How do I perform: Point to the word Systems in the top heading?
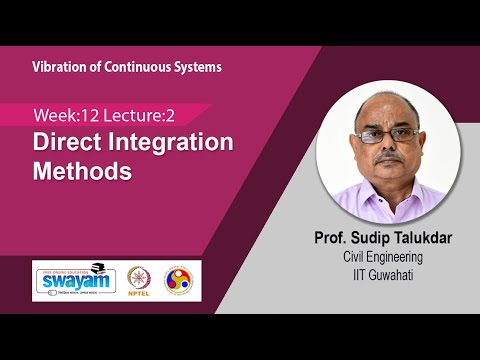tap(196, 67)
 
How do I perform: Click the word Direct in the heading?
tap(70, 142)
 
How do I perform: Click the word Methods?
tap(83, 170)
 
